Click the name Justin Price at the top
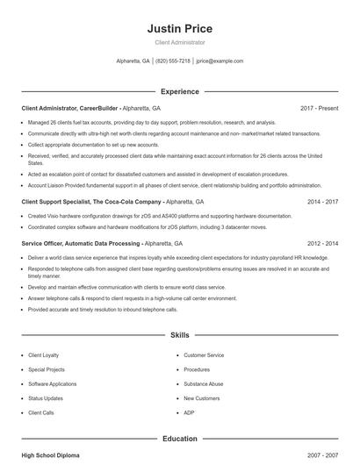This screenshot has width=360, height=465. click(180, 29)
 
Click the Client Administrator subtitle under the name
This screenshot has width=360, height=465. click(180, 42)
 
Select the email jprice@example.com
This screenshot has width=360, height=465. click(220, 61)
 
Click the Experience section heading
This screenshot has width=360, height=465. click(180, 91)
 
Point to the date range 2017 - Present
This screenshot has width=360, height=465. click(319, 108)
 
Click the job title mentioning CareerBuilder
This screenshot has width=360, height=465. click(91, 108)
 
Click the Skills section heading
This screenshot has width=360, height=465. click(180, 335)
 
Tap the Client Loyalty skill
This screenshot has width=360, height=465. click(45, 355)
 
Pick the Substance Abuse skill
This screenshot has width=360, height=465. click(204, 383)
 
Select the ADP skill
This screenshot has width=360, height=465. click(189, 411)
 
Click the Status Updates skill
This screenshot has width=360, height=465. click(46, 397)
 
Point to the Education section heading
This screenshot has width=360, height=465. click(180, 438)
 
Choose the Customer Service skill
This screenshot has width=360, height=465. click(204, 355)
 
